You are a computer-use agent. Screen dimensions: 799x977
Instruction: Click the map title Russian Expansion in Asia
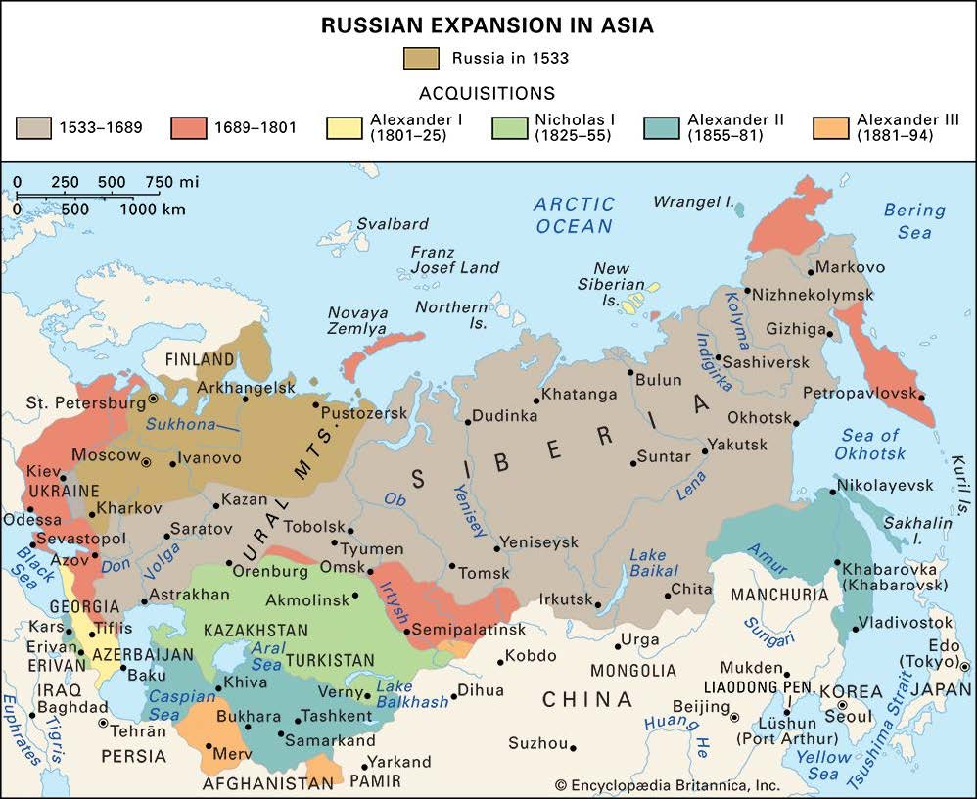coord(488,26)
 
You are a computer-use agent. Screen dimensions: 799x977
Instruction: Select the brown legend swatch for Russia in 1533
coord(421,58)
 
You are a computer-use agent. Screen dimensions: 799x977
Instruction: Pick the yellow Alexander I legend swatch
coord(344,128)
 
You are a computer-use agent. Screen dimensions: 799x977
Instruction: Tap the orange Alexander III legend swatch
coord(830,128)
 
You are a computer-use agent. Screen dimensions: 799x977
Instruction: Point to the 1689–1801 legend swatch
coord(188,128)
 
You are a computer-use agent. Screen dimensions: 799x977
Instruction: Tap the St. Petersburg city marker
coord(153,399)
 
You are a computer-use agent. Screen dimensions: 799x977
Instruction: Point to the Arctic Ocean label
coord(575,214)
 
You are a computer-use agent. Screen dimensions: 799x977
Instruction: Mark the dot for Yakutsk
coord(704,453)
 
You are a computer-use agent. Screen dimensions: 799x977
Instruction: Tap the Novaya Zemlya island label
coord(357,319)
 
